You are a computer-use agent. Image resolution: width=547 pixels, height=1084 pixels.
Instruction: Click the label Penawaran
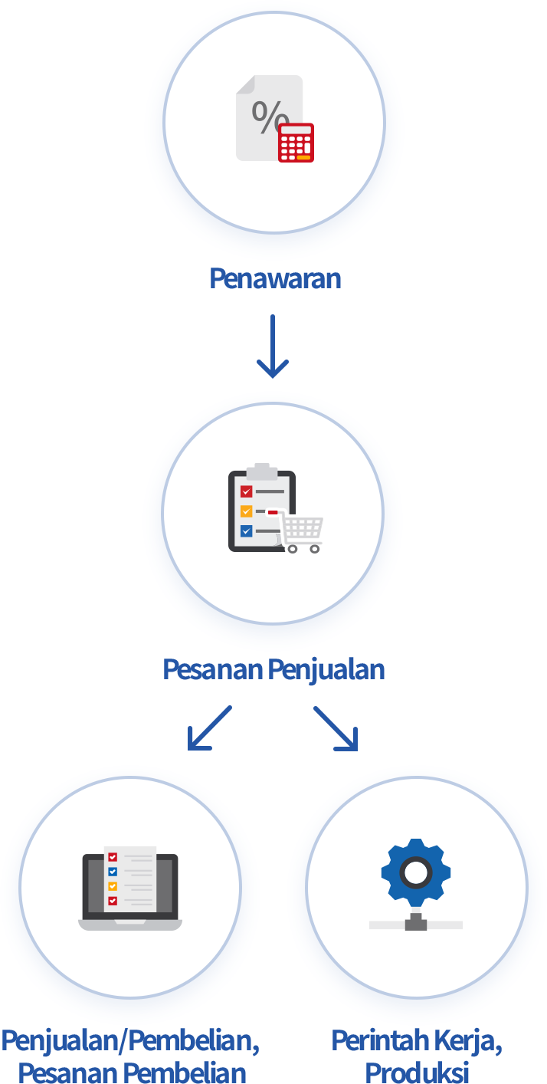coord(274,278)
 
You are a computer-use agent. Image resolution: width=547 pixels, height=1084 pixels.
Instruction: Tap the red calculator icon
coord(296,143)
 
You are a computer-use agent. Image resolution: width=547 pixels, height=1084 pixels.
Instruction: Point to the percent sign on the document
coord(269,116)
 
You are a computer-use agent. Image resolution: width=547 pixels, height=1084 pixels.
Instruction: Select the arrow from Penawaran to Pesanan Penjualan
coord(273,346)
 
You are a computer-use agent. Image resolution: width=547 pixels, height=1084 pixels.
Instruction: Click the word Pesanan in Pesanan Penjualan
coord(213,669)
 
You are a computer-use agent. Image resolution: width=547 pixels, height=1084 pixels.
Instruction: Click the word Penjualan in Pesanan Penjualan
coord(326,669)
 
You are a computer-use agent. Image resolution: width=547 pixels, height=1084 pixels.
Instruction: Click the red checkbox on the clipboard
coord(247,491)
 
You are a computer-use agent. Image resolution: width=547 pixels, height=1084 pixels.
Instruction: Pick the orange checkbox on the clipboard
coord(247,511)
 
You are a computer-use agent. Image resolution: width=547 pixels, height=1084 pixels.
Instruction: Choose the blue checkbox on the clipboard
coord(247,531)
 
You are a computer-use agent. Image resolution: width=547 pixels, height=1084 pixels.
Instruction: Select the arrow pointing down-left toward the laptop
coord(208,728)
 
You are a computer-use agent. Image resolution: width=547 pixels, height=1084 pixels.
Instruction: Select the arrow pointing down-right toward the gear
coord(336,728)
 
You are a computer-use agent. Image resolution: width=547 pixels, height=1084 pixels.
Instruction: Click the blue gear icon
coord(416,873)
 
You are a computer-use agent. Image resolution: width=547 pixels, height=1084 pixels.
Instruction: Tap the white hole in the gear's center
coord(416,872)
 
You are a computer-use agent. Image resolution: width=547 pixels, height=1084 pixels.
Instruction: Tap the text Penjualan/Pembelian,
coord(130,1041)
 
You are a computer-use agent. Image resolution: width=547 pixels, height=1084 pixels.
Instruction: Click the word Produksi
coord(417,1072)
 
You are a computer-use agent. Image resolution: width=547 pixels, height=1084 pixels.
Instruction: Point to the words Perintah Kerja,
coord(417,1041)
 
